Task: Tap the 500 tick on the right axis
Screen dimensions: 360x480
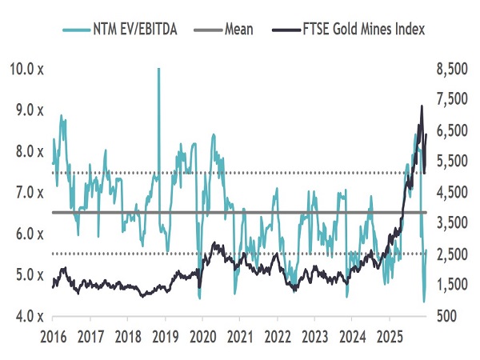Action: (x=448, y=316)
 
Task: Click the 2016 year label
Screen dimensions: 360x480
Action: (x=54, y=334)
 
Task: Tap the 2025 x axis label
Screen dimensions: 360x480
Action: (x=390, y=334)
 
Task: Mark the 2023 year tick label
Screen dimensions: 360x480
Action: (x=314, y=334)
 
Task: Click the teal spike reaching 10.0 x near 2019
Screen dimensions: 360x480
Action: (x=158, y=70)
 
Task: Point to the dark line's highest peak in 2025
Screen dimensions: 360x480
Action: (x=422, y=106)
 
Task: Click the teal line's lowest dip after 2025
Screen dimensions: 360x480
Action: (x=423, y=302)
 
